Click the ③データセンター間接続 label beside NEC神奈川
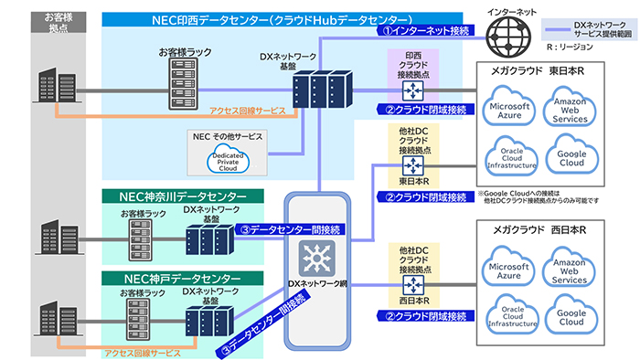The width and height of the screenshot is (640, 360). (280, 230)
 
